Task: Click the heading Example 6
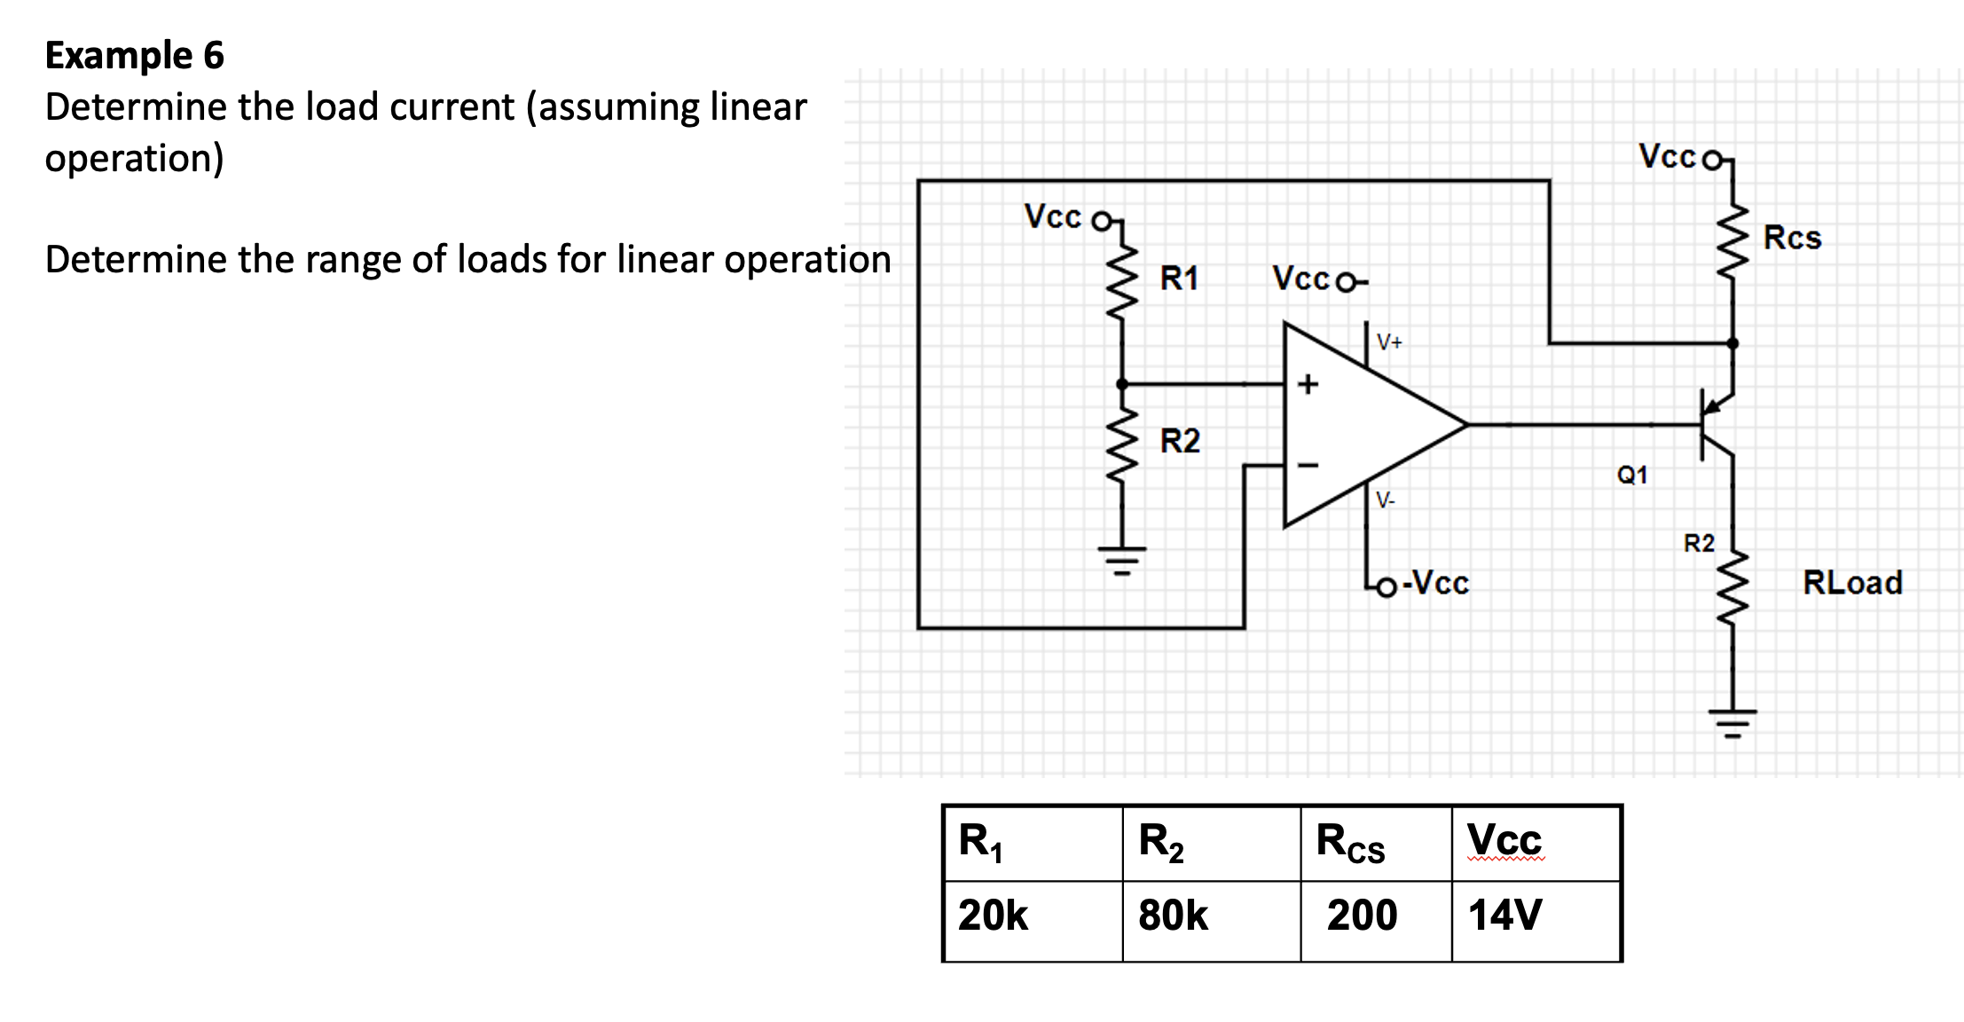135,55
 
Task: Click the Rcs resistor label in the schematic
1792,238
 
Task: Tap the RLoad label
1852,583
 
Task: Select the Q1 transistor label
1632,476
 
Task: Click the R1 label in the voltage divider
1179,279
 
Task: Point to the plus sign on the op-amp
1308,384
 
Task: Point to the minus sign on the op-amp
1308,465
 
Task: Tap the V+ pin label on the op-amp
1389,342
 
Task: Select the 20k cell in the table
993,916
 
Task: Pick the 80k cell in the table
1173,916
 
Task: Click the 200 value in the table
1362,916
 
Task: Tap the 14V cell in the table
1505,916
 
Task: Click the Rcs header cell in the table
1350,842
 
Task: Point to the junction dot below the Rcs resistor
1732,343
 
